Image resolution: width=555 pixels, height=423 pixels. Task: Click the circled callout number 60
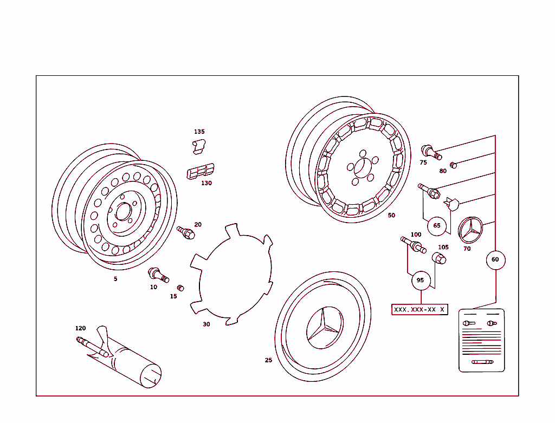(x=495, y=259)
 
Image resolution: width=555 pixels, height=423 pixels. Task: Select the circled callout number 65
(x=437, y=225)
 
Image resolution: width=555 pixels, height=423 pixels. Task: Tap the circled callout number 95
(x=420, y=280)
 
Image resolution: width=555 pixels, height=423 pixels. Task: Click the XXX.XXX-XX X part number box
(x=420, y=309)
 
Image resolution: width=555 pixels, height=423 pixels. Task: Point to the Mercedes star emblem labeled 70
(x=470, y=231)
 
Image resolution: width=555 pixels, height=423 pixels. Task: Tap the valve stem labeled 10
(x=159, y=274)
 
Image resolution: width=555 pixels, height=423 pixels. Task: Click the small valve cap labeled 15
(x=180, y=287)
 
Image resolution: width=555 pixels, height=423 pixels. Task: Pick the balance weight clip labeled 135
(x=200, y=146)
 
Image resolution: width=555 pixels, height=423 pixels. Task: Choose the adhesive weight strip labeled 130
(x=200, y=171)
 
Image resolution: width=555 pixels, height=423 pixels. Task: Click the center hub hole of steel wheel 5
(x=123, y=211)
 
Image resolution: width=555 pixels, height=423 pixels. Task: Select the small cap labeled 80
(x=454, y=165)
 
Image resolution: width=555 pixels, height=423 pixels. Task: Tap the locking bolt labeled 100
(x=413, y=245)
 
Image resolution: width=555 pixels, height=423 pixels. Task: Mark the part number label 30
(x=206, y=324)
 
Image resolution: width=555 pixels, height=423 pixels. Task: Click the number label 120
(x=80, y=328)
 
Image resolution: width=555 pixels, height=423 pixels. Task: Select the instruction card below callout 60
(x=481, y=340)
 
